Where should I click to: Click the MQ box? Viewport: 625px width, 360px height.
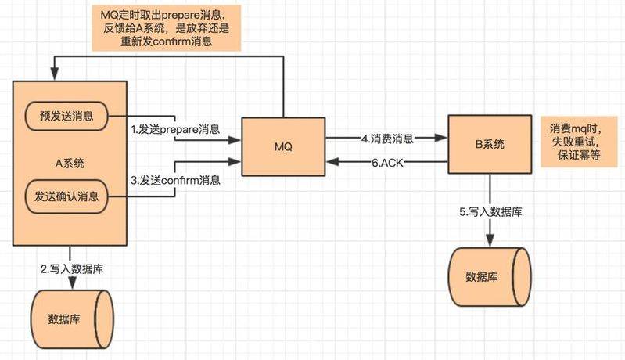(282, 146)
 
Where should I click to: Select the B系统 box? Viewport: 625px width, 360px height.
(490, 144)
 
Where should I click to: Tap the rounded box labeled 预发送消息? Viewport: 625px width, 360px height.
(66, 117)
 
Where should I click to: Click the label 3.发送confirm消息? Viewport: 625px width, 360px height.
(174, 180)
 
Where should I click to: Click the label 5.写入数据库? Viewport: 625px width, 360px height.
(490, 212)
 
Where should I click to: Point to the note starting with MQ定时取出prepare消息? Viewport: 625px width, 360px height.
(163, 27)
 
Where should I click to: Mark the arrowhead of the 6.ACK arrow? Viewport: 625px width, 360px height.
(331, 161)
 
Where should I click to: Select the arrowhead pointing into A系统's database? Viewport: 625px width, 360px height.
(70, 285)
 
